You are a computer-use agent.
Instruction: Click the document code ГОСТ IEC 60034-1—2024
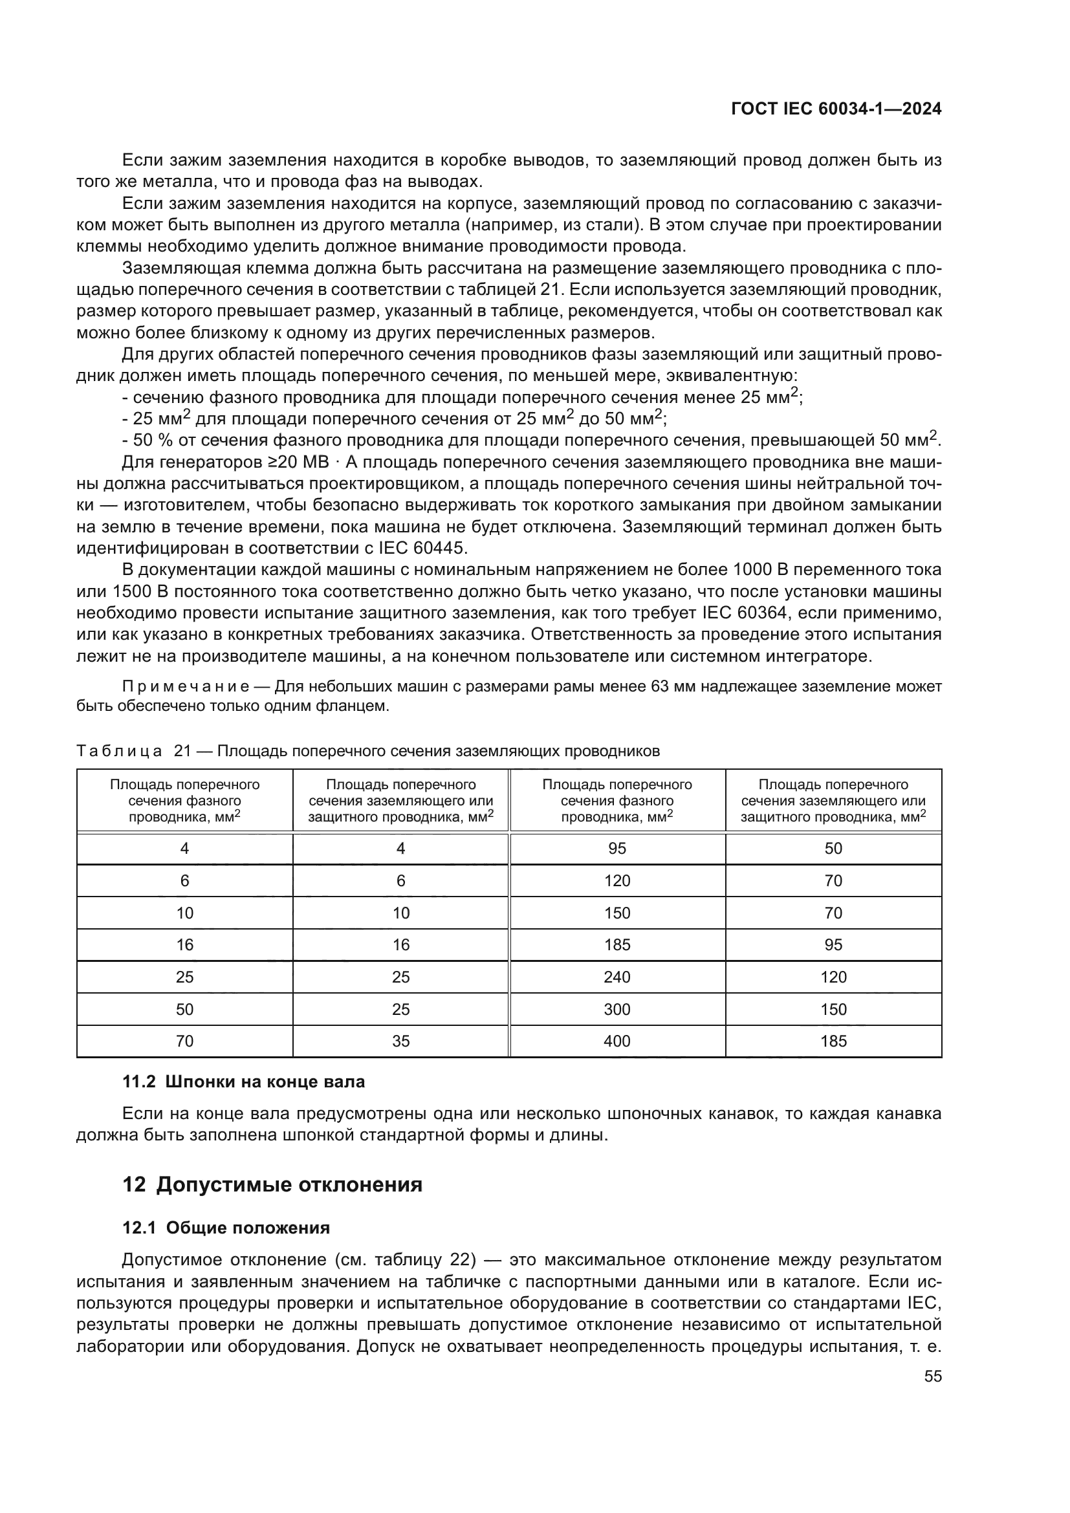tap(835, 109)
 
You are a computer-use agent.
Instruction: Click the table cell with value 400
tap(617, 1041)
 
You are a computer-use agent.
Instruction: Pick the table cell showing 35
tap(400, 1041)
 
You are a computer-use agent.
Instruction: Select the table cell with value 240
tap(617, 977)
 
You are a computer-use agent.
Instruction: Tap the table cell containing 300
tap(617, 1010)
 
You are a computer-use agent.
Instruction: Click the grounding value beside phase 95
tap(833, 848)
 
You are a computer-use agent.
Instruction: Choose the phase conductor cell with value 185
tap(617, 945)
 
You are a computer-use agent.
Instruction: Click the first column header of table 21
tap(184, 800)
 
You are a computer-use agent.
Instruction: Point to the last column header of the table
tap(833, 800)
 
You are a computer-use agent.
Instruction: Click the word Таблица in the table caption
tap(118, 751)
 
